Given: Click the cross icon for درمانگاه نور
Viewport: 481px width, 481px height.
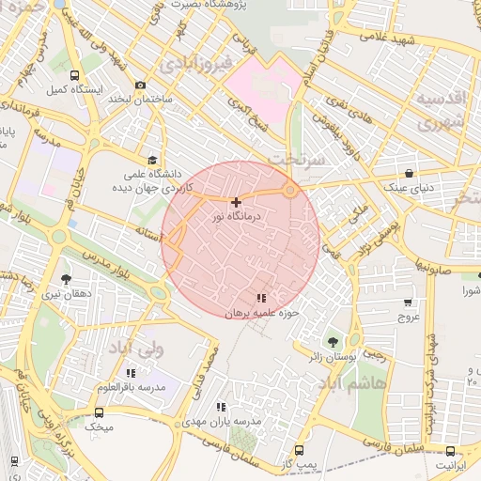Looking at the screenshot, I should point(235,202).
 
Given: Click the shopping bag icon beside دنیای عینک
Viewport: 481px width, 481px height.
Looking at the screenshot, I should point(409,173).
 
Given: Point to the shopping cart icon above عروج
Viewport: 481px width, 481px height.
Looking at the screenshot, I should point(408,303).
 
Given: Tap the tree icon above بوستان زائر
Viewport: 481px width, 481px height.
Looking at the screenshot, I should point(331,342).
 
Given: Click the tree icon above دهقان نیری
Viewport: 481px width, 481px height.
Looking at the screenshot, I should point(66,279).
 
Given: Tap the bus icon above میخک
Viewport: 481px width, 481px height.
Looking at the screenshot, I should point(100,411).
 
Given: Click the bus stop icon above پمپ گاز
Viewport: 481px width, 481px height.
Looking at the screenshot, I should point(300,450).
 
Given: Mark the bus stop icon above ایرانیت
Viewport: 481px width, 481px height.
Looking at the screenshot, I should point(449,450).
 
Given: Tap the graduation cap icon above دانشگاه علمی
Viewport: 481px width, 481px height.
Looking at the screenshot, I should point(152,159).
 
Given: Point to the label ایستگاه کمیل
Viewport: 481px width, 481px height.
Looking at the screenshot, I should point(67,90).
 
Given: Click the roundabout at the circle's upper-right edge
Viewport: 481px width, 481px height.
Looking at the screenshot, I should point(290,191).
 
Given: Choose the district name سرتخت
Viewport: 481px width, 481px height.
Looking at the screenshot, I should point(294,160).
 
